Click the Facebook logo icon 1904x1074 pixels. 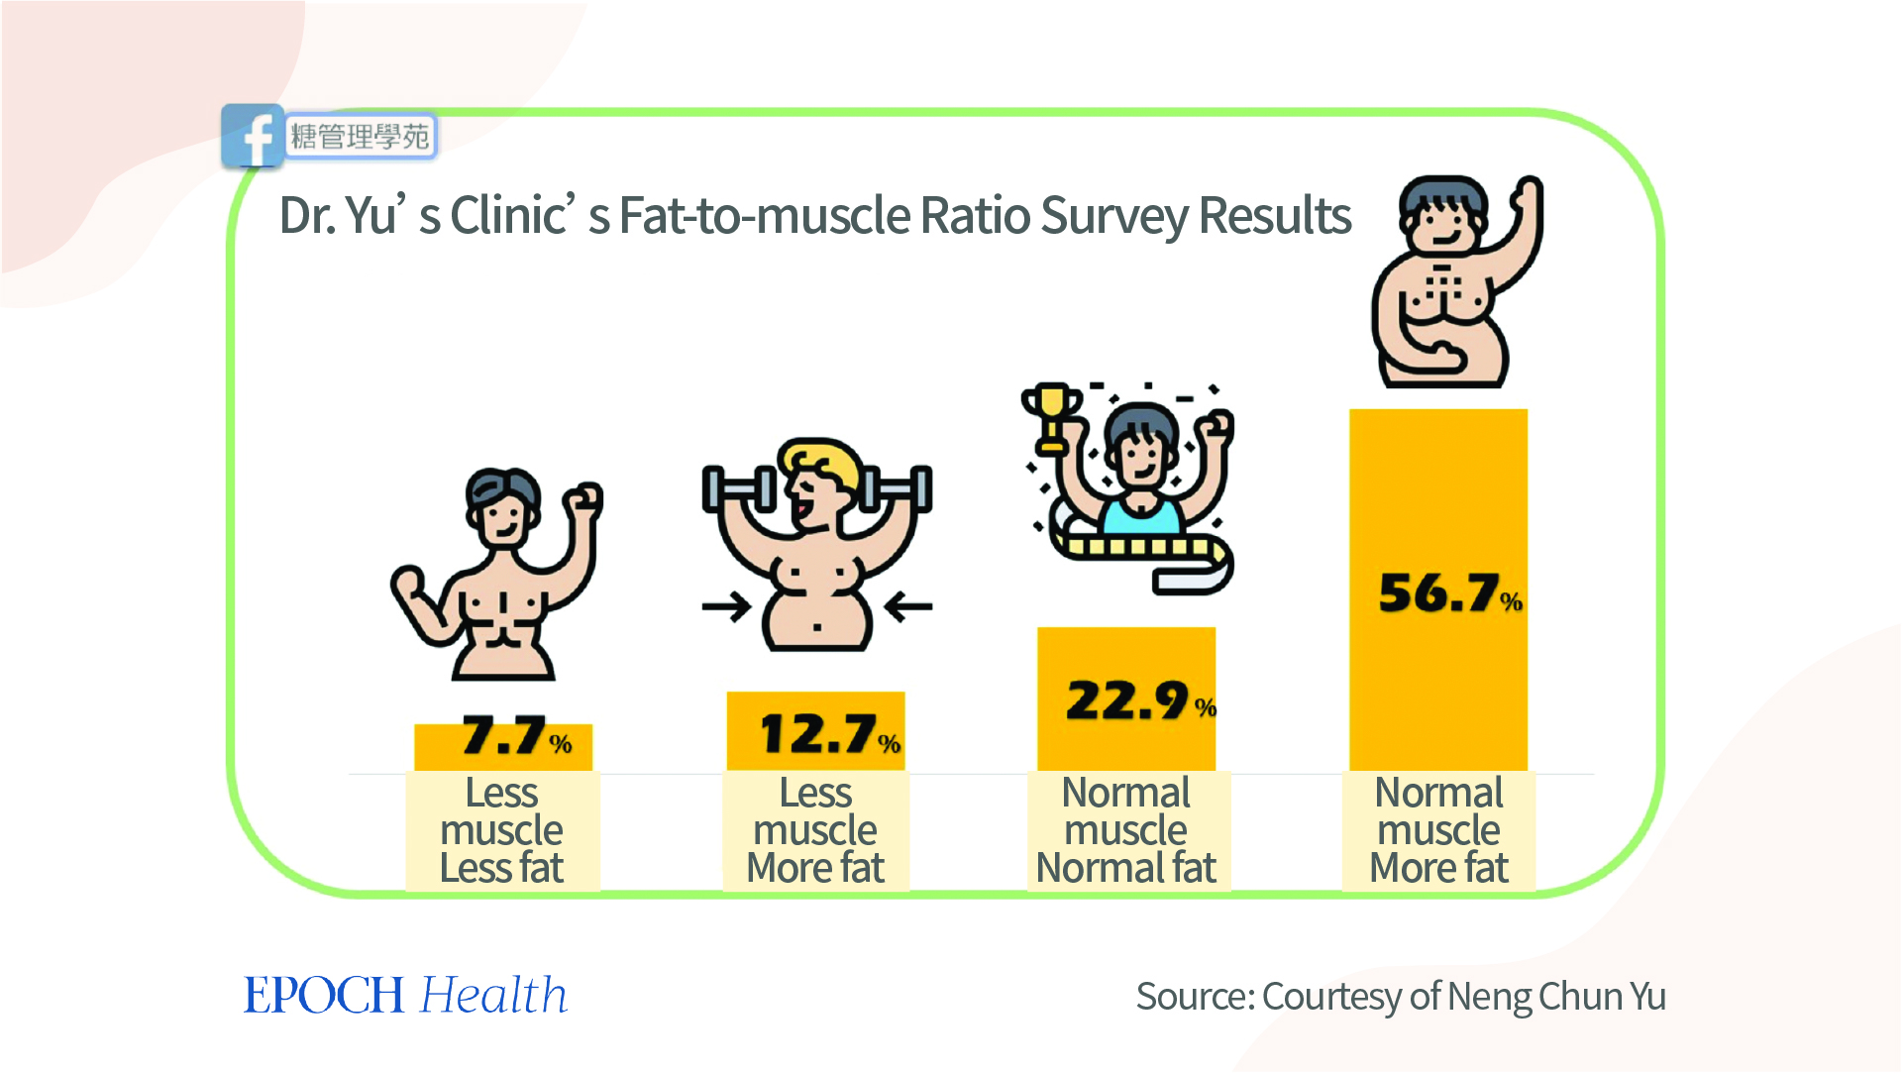(x=253, y=137)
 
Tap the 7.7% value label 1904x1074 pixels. (x=516, y=736)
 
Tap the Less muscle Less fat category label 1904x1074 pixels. (x=501, y=830)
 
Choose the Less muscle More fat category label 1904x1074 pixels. (x=814, y=830)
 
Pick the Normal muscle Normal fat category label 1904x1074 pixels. (x=1126, y=830)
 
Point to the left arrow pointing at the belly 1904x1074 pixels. (x=727, y=606)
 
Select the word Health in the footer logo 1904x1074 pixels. (x=493, y=996)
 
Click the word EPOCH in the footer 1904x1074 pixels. (x=324, y=996)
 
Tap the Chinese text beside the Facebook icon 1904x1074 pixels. (x=361, y=137)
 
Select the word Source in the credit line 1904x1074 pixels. (x=1193, y=997)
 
